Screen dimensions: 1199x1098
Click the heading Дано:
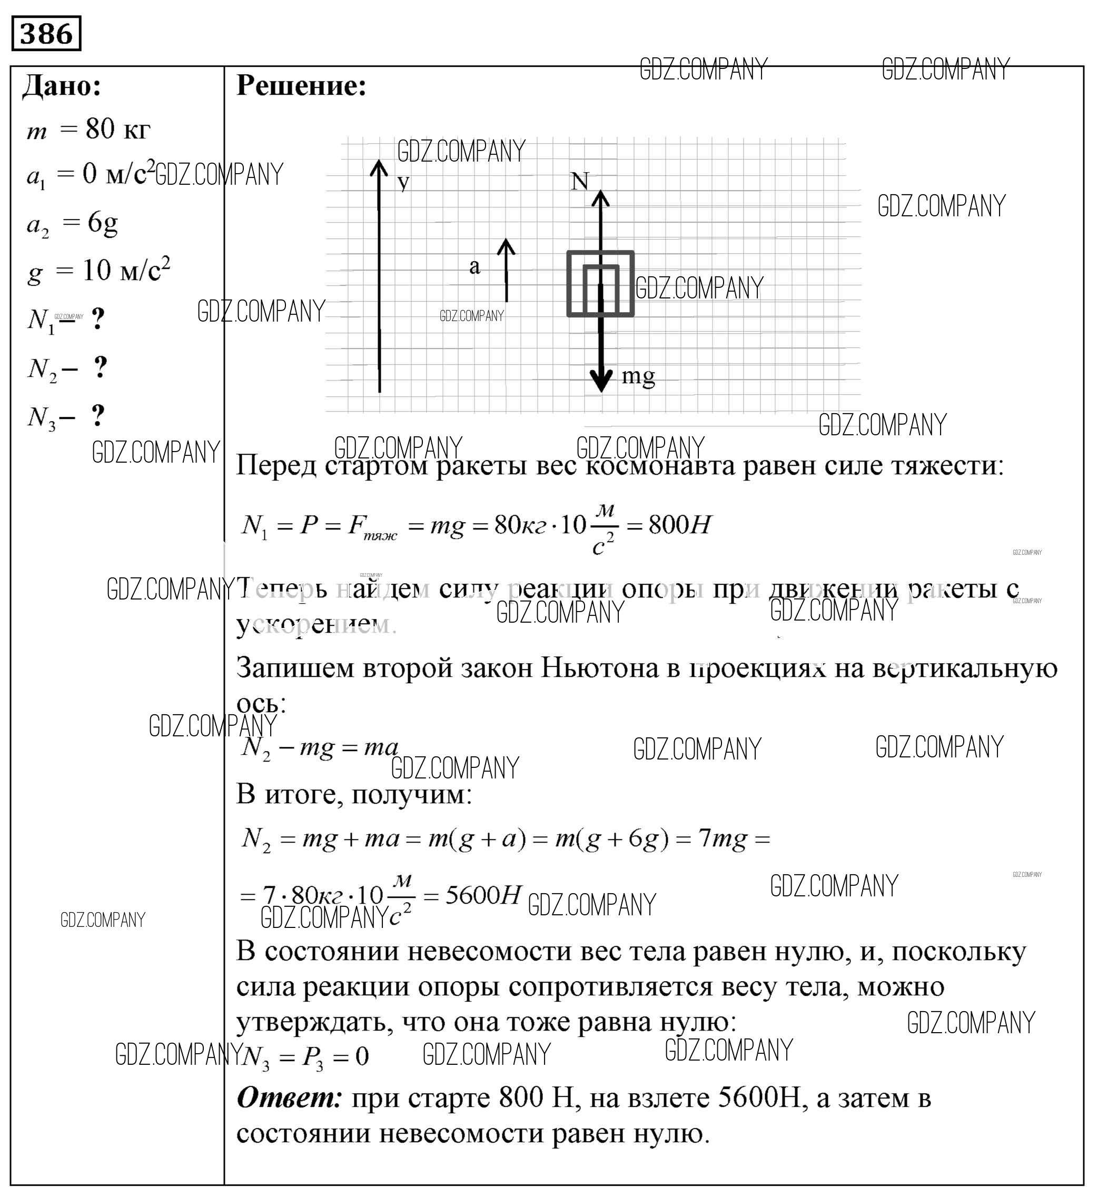pos(62,87)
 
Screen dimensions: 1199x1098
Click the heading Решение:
pos(301,86)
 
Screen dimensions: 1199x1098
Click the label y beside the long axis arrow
pos(403,182)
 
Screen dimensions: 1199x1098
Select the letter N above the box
pos(580,182)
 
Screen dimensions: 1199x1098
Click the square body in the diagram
pos(600,284)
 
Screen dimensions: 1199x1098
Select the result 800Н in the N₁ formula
pos(679,525)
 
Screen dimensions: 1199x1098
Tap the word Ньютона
pos(599,668)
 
